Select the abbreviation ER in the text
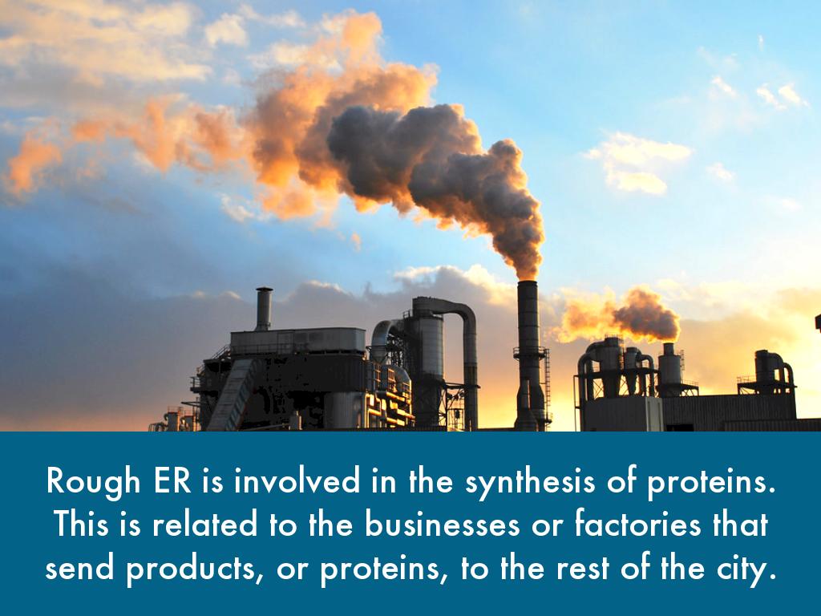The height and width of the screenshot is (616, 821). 173,480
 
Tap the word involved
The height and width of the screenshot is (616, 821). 297,480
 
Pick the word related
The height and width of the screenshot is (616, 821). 204,523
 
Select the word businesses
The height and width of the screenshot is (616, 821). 442,523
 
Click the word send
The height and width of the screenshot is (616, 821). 79,567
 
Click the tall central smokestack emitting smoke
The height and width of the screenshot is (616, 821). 528,355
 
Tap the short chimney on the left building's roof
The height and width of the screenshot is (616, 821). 264,309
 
